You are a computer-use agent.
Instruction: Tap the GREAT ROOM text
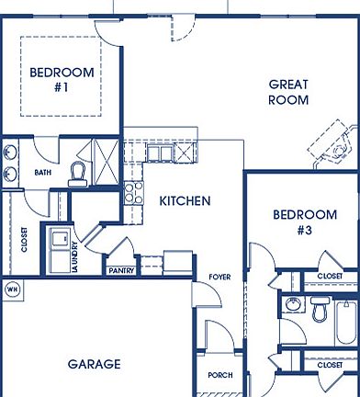coord(287,92)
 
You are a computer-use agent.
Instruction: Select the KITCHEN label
coord(185,200)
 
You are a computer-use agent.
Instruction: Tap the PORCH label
coord(220,375)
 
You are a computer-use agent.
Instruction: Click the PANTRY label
coord(120,271)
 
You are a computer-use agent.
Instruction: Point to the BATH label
coord(43,172)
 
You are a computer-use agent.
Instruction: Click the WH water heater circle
coord(12,289)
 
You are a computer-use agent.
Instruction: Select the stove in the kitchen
coord(133,192)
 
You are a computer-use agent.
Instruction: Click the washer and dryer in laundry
coord(62,245)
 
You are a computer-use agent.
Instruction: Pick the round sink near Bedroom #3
coord(293,307)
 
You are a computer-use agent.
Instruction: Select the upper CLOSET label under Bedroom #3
coord(330,276)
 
